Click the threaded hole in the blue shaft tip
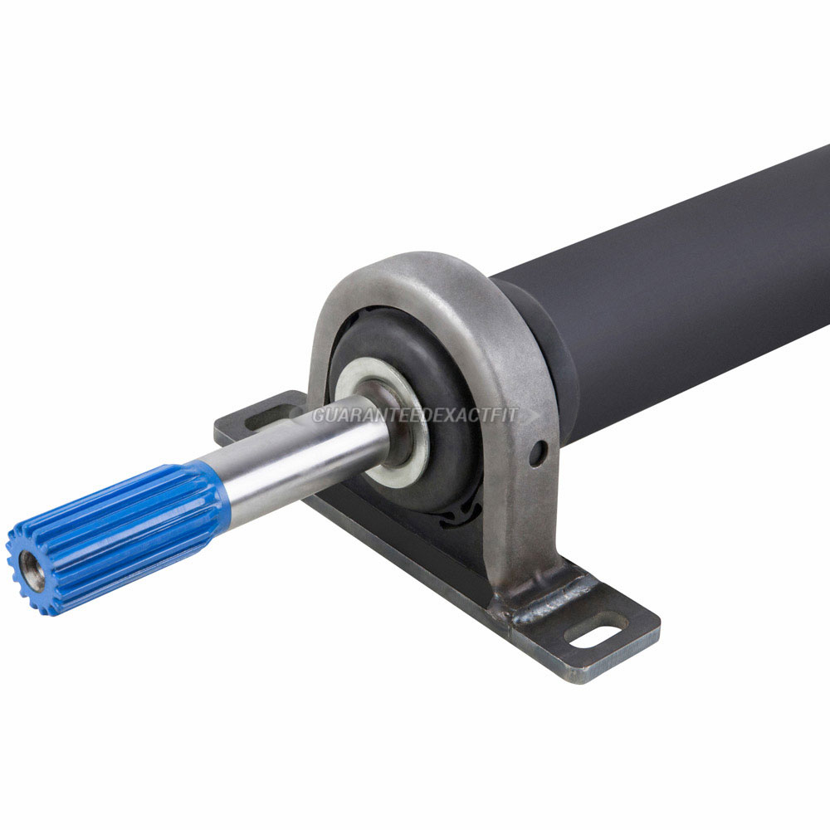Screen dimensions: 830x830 coord(33,571)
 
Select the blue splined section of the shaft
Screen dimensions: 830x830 coord(116,537)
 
